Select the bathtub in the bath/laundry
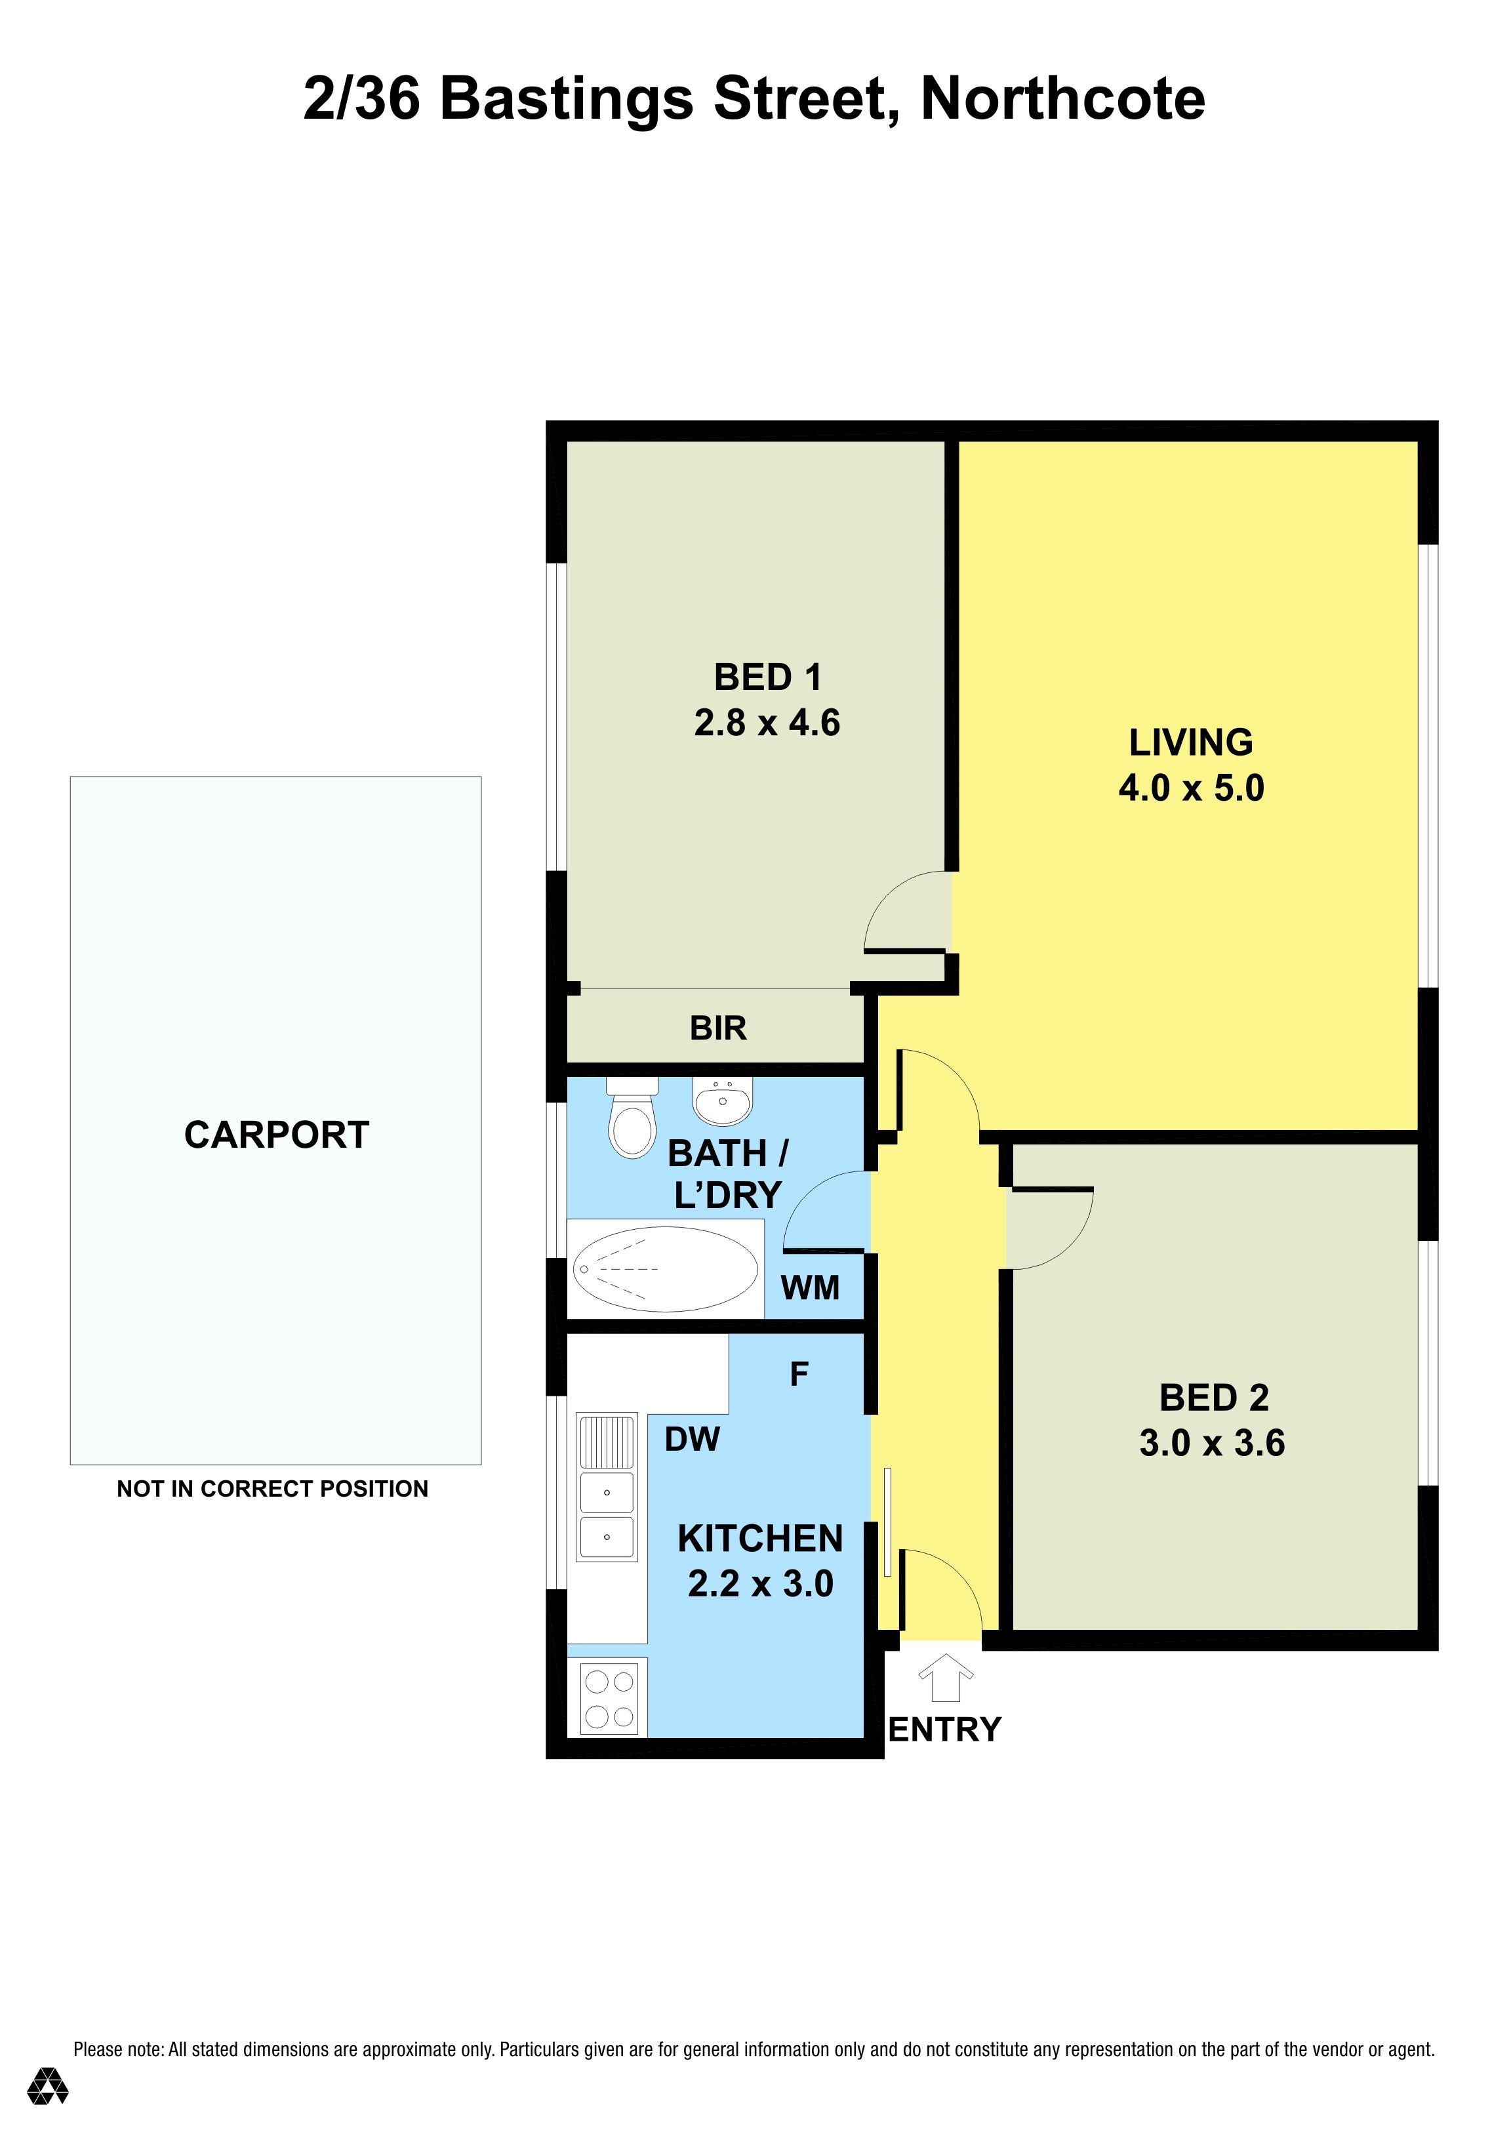point(666,1269)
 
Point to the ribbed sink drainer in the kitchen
point(607,1441)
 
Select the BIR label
point(717,1028)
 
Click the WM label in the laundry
point(810,1288)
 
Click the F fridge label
point(799,1374)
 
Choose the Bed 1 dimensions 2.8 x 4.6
point(767,723)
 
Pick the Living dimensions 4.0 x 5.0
point(1192,788)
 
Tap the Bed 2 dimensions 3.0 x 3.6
point(1212,1443)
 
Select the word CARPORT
point(277,1135)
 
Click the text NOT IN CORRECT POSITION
point(273,1489)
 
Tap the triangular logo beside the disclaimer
point(48,2111)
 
